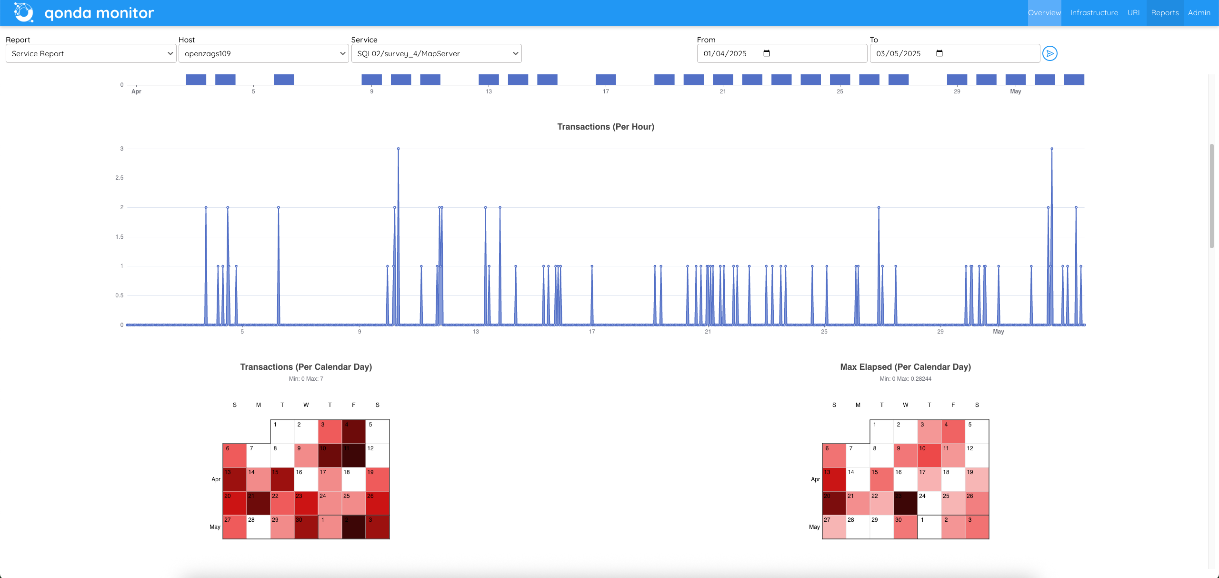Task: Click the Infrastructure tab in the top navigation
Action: click(1094, 13)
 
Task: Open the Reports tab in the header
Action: click(1165, 13)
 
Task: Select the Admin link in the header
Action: click(1199, 13)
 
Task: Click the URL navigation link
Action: click(1134, 13)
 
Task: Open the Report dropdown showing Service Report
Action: click(91, 53)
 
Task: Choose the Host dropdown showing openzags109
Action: click(263, 53)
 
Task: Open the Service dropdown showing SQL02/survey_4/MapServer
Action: click(436, 53)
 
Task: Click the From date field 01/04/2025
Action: click(781, 53)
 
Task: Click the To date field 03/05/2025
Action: click(954, 53)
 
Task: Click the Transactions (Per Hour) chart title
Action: click(605, 127)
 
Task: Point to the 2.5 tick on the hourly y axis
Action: click(119, 178)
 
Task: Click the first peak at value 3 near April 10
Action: click(399, 149)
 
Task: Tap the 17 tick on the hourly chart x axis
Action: click(592, 332)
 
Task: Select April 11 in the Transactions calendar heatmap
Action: click(354, 456)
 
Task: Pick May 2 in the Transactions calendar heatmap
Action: click(354, 527)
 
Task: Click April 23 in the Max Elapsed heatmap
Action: click(906, 503)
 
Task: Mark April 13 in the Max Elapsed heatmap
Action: click(834, 479)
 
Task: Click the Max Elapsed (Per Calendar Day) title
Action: click(905, 367)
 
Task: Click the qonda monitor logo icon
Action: click(24, 13)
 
